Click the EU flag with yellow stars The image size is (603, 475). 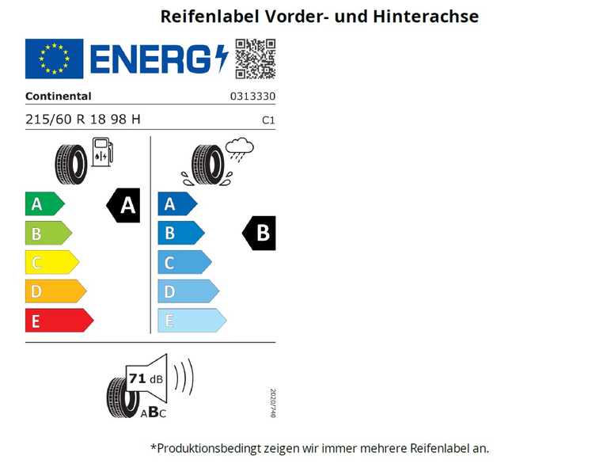tap(55, 59)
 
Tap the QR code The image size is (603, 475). tap(256, 59)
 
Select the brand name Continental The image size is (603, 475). tap(59, 96)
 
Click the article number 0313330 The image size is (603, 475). tap(252, 96)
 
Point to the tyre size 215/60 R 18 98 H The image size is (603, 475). tap(82, 120)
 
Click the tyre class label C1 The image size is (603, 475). tap(268, 120)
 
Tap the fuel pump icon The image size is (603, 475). tap(102, 152)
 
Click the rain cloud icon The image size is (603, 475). tap(239, 150)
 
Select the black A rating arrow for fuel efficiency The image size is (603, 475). tap(123, 205)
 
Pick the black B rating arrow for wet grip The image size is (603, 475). tap(259, 233)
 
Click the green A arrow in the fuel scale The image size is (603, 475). tap(45, 203)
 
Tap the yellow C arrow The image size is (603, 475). tap(52, 262)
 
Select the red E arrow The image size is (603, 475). tap(59, 321)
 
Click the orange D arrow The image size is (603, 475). tap(55, 291)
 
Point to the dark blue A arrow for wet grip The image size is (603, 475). tap(178, 203)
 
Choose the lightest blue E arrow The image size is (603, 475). tap(192, 321)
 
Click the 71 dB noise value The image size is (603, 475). tap(146, 379)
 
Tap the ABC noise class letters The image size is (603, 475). tap(153, 412)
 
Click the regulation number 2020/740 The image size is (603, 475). tap(273, 403)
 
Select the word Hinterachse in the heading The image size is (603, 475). tap(426, 17)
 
